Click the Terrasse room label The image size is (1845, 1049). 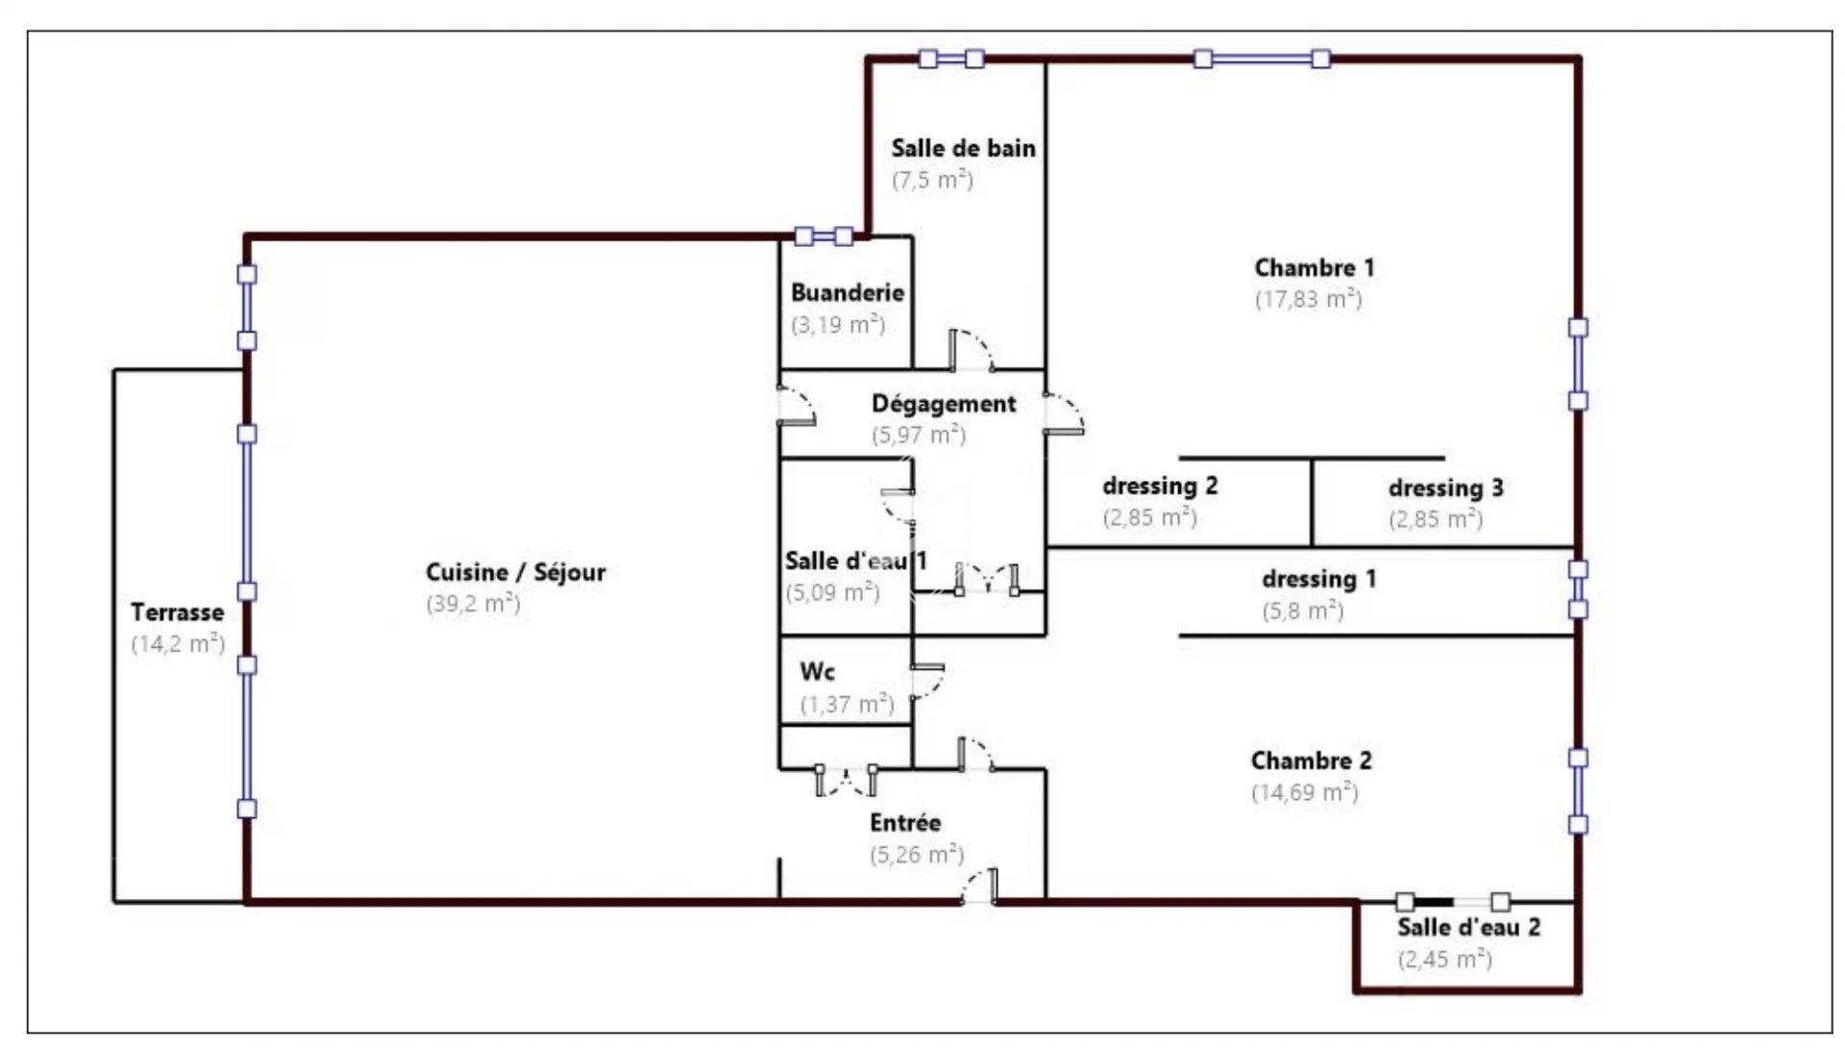[x=177, y=612]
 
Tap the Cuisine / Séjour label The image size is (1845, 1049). [x=516, y=572]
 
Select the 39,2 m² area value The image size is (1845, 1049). [x=474, y=603]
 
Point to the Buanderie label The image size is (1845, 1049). [x=848, y=292]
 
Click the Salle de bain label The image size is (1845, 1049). [x=963, y=148]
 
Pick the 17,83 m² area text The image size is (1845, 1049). [x=1308, y=299]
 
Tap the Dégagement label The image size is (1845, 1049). [x=944, y=404]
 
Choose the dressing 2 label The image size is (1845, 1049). [x=1160, y=486]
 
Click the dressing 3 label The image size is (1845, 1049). [x=1445, y=487]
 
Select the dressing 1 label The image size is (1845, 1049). [x=1318, y=579]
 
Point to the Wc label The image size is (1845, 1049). [x=817, y=671]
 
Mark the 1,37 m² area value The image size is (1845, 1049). [x=848, y=705]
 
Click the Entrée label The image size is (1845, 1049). [x=905, y=823]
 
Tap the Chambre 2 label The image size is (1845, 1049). [x=1311, y=761]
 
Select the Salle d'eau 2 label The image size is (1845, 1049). [x=1468, y=928]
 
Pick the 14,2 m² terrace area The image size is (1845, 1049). [x=178, y=643]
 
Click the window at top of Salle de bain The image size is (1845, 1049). [x=951, y=59]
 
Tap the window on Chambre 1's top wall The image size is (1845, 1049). [x=1262, y=59]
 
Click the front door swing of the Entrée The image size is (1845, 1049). [x=979, y=887]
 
